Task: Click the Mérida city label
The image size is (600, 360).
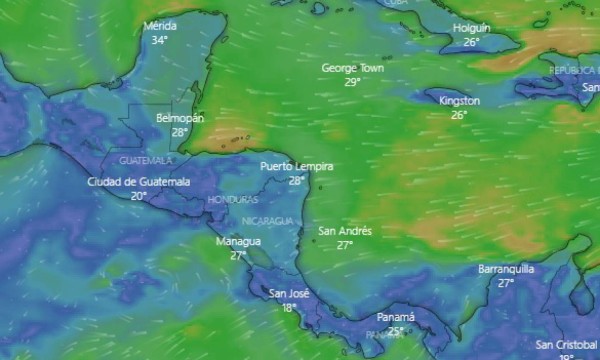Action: click(160, 26)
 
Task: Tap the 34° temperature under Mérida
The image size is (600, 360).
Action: click(160, 40)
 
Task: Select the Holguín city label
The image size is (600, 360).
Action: click(471, 28)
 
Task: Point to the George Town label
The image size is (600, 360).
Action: click(353, 68)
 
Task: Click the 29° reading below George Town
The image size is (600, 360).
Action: click(353, 82)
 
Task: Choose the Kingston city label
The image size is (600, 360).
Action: click(459, 101)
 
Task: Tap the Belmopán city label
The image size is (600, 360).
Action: click(180, 118)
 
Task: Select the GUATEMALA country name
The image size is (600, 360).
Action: click(145, 160)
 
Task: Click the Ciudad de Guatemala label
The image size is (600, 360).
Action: click(138, 182)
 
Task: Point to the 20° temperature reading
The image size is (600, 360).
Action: click(138, 196)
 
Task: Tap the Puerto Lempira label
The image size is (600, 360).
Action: click(296, 167)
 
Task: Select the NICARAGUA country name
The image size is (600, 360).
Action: click(268, 220)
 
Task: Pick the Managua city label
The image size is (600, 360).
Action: click(238, 242)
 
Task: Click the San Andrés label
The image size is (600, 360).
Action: click(345, 231)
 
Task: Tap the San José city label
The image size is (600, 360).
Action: click(290, 294)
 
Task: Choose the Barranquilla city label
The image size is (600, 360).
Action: click(506, 269)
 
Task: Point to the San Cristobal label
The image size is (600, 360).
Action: click(566, 344)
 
